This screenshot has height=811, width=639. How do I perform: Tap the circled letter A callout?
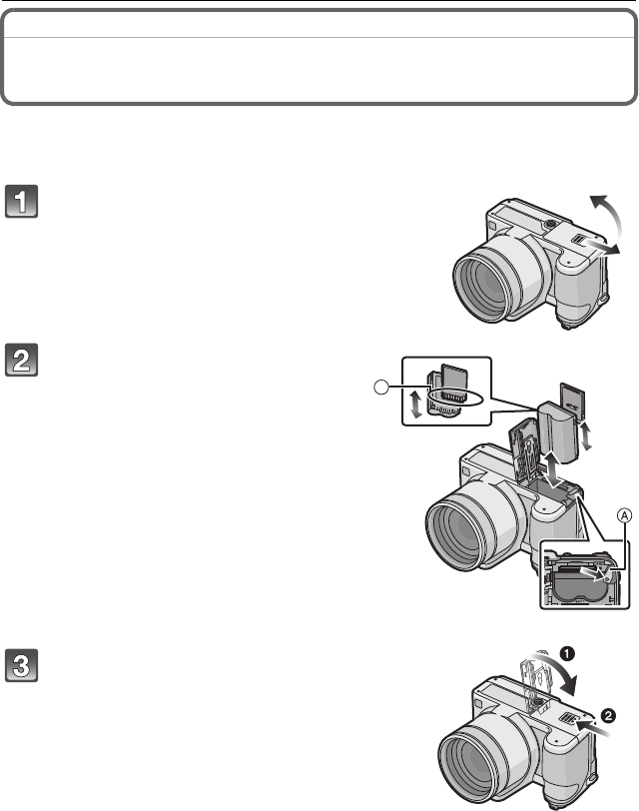(x=596, y=515)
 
